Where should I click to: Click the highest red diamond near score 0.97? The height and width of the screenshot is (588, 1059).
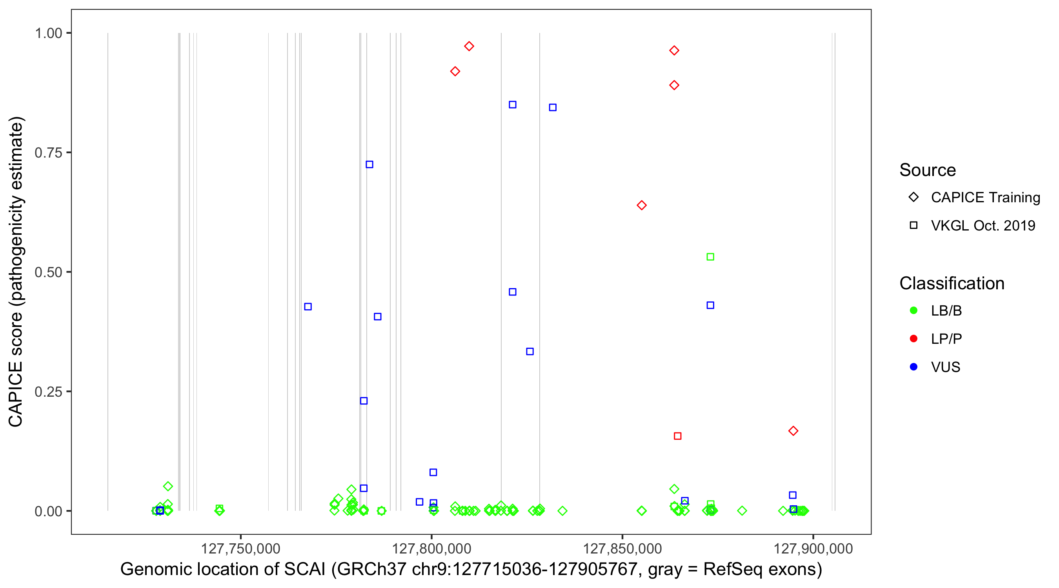pyautogui.click(x=469, y=46)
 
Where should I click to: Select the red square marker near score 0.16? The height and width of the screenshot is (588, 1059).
pyautogui.click(x=677, y=436)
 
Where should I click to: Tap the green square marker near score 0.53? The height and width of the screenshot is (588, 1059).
pyautogui.click(x=710, y=257)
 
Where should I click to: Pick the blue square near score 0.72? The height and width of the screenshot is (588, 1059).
pyautogui.click(x=369, y=164)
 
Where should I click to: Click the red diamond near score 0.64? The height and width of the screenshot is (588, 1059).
pyautogui.click(x=641, y=205)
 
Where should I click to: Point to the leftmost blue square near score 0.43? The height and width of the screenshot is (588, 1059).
pyautogui.click(x=308, y=307)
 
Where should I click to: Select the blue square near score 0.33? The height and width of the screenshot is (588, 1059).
pyautogui.click(x=530, y=351)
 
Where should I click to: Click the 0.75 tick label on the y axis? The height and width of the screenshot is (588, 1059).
pyautogui.click(x=48, y=153)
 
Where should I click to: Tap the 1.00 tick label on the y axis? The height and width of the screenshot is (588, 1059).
pyautogui.click(x=48, y=33)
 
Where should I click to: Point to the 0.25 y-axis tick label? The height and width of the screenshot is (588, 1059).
pyautogui.click(x=48, y=392)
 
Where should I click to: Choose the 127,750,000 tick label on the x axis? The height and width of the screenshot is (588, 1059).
pyautogui.click(x=240, y=548)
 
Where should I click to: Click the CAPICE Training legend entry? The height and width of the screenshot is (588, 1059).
pyautogui.click(x=985, y=197)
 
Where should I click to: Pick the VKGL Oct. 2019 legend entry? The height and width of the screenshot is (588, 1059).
pyautogui.click(x=983, y=225)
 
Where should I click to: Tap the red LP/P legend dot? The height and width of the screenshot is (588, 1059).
pyautogui.click(x=913, y=339)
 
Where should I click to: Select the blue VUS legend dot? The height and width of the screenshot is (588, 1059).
pyautogui.click(x=913, y=367)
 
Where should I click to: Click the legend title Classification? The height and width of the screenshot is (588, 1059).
pyautogui.click(x=952, y=283)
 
